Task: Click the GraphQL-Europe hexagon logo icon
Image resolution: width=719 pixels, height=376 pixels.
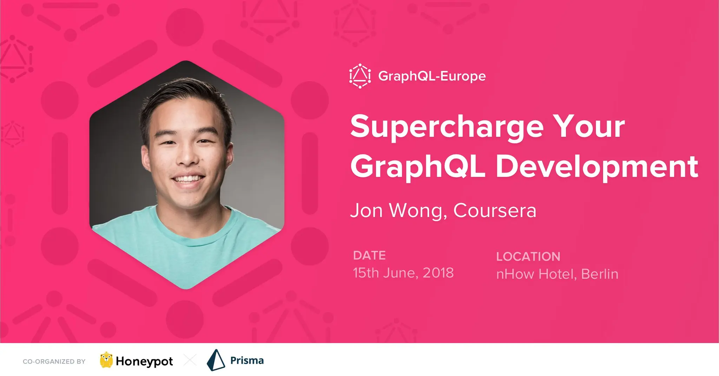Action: (x=360, y=76)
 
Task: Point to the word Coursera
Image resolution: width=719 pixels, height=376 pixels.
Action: (x=495, y=210)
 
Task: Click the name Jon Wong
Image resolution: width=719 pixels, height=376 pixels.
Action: (x=397, y=211)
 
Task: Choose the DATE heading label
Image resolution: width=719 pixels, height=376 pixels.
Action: (x=369, y=255)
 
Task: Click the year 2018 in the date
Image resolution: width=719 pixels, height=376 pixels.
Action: (x=438, y=273)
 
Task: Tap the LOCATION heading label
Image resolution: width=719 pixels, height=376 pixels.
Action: (x=528, y=256)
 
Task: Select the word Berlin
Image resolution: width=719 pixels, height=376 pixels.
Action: (x=600, y=274)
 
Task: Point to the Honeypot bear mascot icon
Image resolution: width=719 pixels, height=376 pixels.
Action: (x=106, y=360)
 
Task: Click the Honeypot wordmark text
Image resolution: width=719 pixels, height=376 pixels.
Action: (x=144, y=361)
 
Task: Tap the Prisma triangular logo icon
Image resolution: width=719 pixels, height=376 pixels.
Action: (x=216, y=360)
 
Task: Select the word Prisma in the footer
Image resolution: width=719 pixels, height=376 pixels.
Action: (x=247, y=361)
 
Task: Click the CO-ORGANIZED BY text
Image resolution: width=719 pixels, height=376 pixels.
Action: (x=54, y=362)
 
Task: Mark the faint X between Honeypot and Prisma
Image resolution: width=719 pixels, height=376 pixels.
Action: (x=190, y=360)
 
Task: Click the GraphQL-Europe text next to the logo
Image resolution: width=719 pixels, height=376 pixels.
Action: (x=432, y=76)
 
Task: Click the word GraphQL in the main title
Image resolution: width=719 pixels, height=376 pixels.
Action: (x=418, y=167)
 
